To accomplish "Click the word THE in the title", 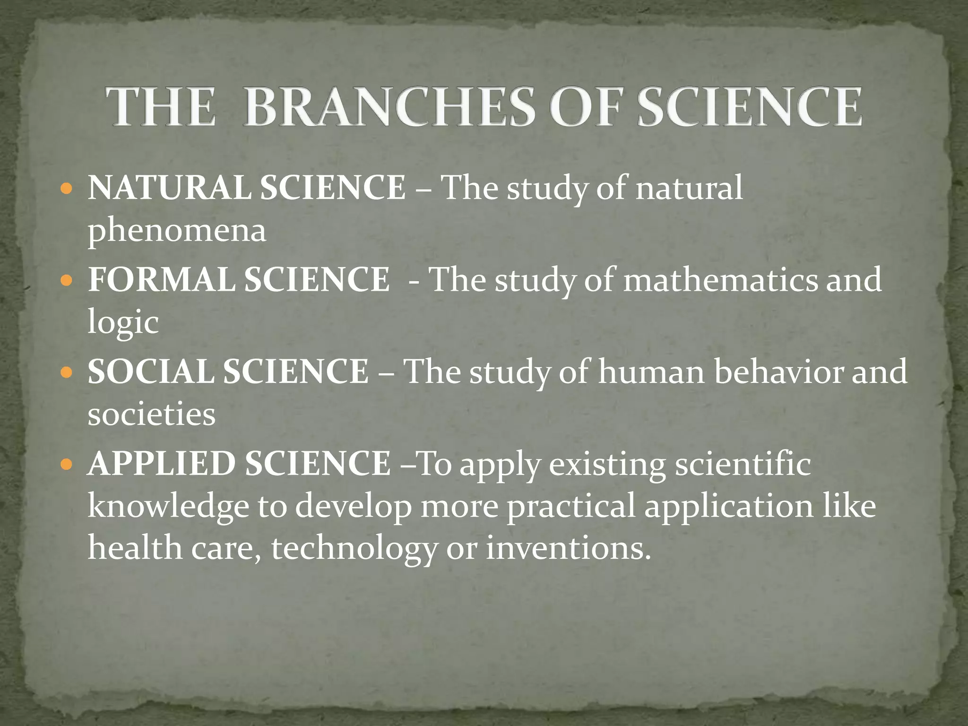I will click(x=160, y=107).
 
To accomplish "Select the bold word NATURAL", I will click(x=170, y=188).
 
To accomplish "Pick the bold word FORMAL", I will click(x=162, y=279).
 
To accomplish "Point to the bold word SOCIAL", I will click(x=151, y=371).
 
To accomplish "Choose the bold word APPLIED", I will click(x=162, y=463).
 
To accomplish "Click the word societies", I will click(x=151, y=415).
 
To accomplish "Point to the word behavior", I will click(x=778, y=371).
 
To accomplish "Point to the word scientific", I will click(x=743, y=463).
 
